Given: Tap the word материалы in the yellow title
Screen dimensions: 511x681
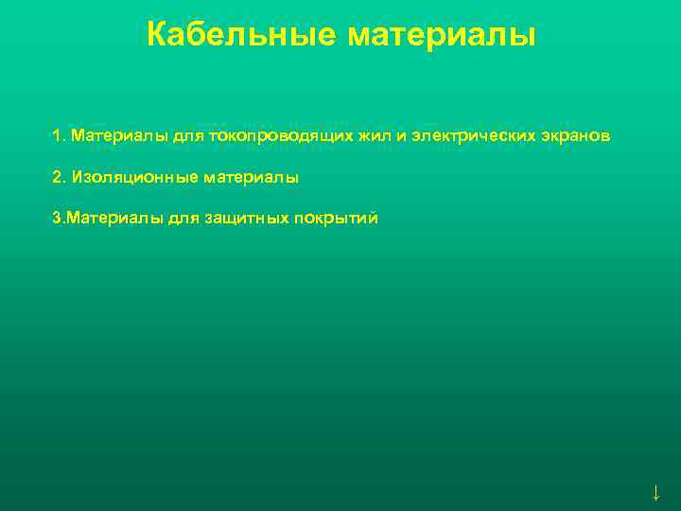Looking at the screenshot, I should coord(442,36).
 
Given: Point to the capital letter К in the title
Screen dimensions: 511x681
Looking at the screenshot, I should coord(158,36).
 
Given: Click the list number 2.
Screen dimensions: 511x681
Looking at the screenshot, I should coord(58,177).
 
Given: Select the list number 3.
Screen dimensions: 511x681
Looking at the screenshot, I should coord(58,219).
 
